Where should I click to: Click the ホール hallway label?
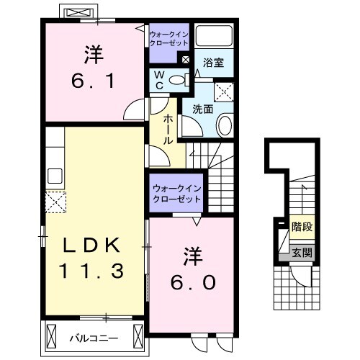[168, 130]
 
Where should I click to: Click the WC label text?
[159, 80]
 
